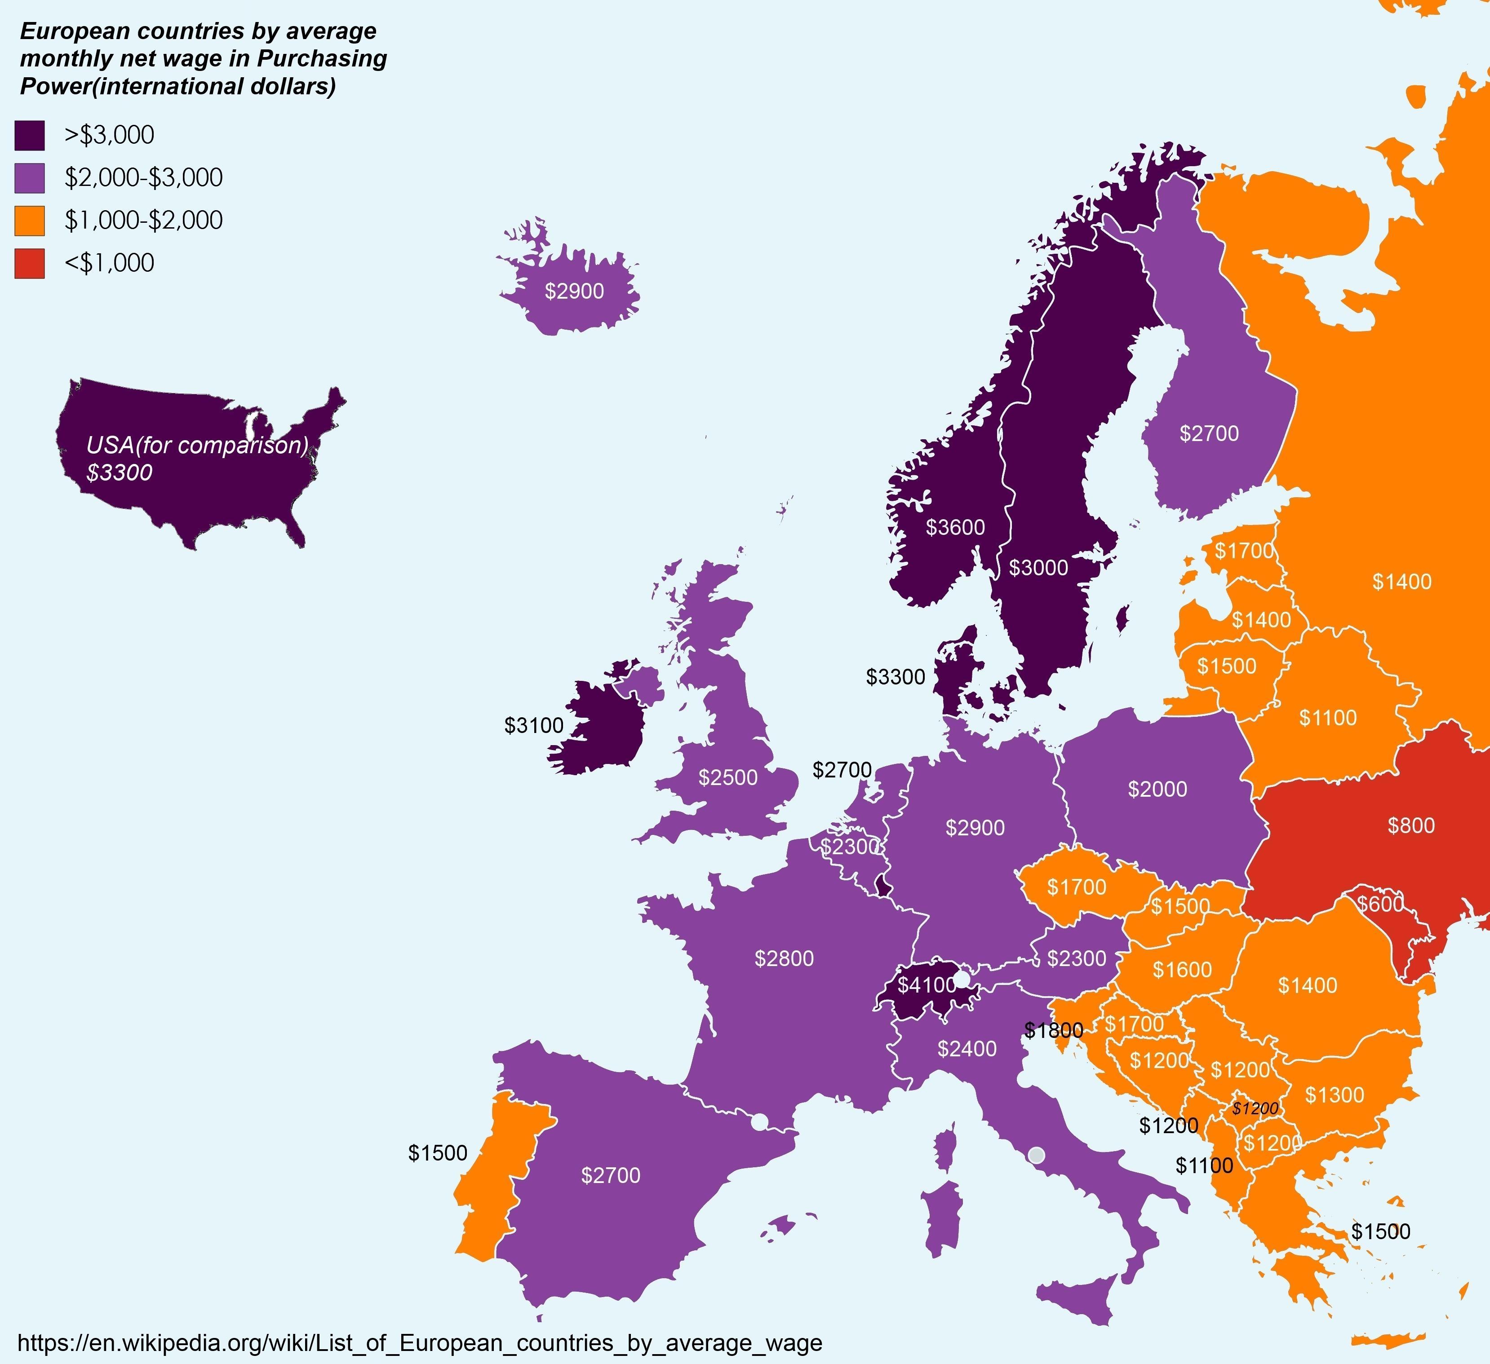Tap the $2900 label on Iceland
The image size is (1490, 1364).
pyautogui.click(x=574, y=291)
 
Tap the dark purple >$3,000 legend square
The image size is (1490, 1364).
pyautogui.click(x=30, y=135)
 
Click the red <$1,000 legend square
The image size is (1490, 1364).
pyautogui.click(x=30, y=264)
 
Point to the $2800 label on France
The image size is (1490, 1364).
pyautogui.click(x=784, y=958)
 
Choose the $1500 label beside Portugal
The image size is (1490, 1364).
pyautogui.click(x=438, y=1152)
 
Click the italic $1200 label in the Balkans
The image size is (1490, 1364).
pyautogui.click(x=1255, y=1108)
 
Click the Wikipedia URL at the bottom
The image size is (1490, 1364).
pyautogui.click(x=419, y=1342)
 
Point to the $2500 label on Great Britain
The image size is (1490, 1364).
pyautogui.click(x=728, y=777)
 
